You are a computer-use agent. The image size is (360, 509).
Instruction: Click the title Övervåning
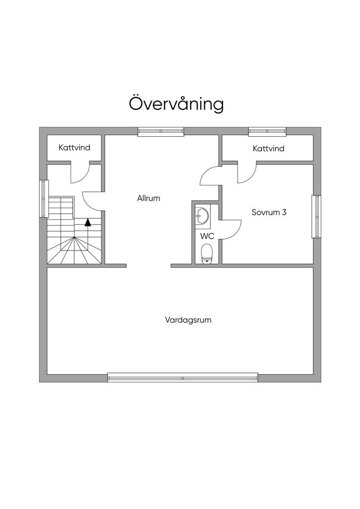point(176,103)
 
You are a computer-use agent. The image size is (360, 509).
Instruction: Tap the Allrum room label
point(149,198)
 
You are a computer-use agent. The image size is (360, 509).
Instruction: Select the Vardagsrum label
point(188,320)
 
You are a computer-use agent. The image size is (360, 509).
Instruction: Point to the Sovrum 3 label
point(269,212)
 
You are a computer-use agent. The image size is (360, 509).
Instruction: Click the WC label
point(207,236)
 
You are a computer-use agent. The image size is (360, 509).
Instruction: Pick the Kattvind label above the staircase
point(75,147)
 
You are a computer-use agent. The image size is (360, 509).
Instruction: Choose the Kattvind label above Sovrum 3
point(269,148)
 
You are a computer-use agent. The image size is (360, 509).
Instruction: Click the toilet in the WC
point(206,254)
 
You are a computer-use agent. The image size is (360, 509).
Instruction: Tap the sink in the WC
point(203,215)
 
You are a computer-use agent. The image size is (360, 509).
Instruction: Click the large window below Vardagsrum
point(183,378)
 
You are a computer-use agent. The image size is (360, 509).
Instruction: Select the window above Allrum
point(161,131)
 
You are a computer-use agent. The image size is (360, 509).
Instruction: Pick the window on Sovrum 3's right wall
point(317,217)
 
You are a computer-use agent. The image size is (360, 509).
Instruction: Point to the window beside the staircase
point(44,199)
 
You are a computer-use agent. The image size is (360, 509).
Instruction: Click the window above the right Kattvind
point(267,131)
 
